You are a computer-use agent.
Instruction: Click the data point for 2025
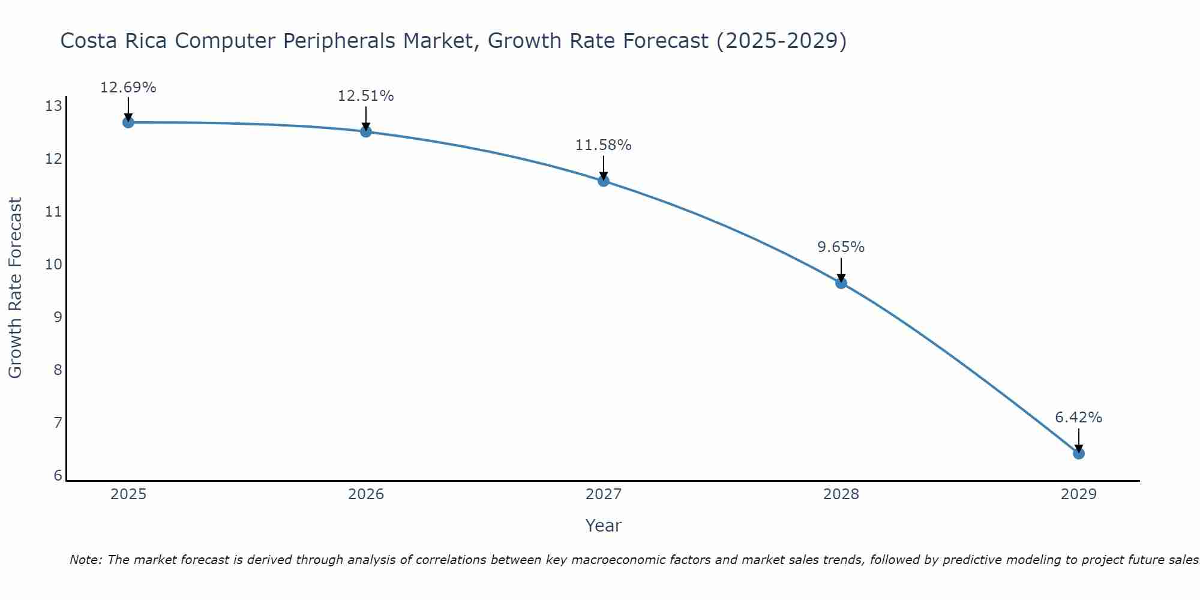tap(128, 122)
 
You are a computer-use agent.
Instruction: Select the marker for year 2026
tap(366, 131)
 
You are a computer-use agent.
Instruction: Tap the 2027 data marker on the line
tap(604, 181)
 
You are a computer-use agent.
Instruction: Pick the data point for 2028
tap(841, 283)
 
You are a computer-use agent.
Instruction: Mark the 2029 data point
tap(1079, 453)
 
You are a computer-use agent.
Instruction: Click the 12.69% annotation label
tap(128, 88)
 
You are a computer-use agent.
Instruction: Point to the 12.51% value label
tap(365, 96)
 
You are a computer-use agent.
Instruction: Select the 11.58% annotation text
tap(603, 145)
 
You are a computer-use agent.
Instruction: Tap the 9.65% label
tap(841, 247)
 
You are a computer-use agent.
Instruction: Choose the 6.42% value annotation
tap(1078, 418)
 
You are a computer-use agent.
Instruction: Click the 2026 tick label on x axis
tap(366, 494)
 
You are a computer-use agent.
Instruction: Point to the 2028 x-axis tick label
tap(841, 494)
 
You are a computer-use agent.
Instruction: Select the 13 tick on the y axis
tap(53, 107)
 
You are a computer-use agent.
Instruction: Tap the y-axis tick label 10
tap(53, 265)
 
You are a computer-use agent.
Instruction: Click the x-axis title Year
tap(603, 526)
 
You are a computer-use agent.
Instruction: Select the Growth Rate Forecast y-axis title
tap(15, 287)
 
